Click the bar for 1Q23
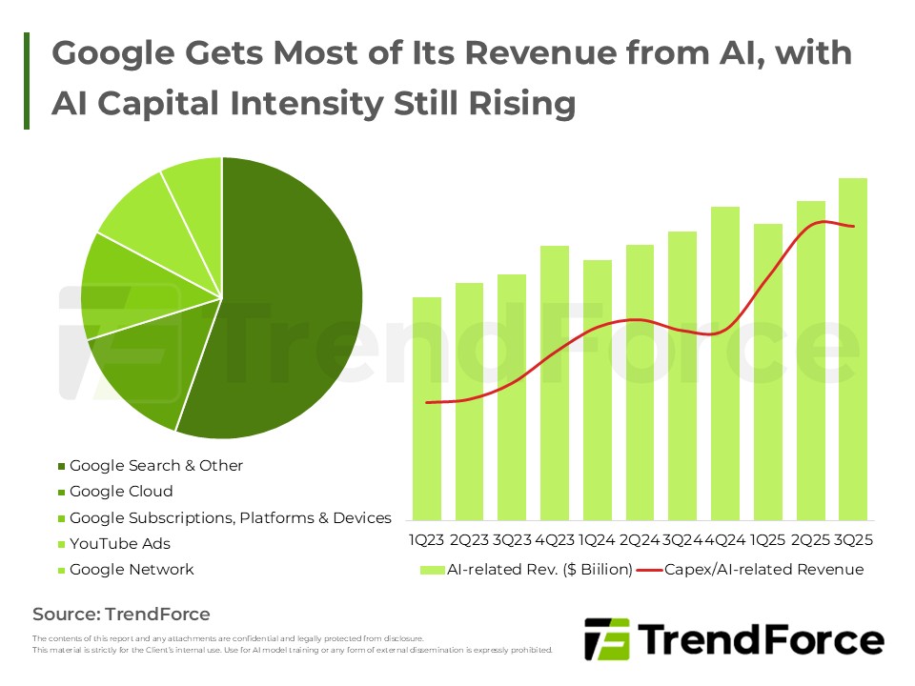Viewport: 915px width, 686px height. [427, 410]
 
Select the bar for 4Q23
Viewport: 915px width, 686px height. [555, 381]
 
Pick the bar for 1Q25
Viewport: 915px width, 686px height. [768, 372]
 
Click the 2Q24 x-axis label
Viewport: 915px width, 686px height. [640, 540]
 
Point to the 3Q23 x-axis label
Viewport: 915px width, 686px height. [512, 540]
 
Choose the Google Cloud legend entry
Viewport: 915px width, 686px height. [121, 492]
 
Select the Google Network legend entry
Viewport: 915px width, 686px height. [132, 570]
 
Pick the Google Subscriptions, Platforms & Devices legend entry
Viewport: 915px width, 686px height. [230, 518]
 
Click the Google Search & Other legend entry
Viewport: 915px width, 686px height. [156, 466]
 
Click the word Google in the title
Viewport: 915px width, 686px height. [112, 53]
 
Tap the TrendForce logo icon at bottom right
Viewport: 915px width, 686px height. [606, 639]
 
